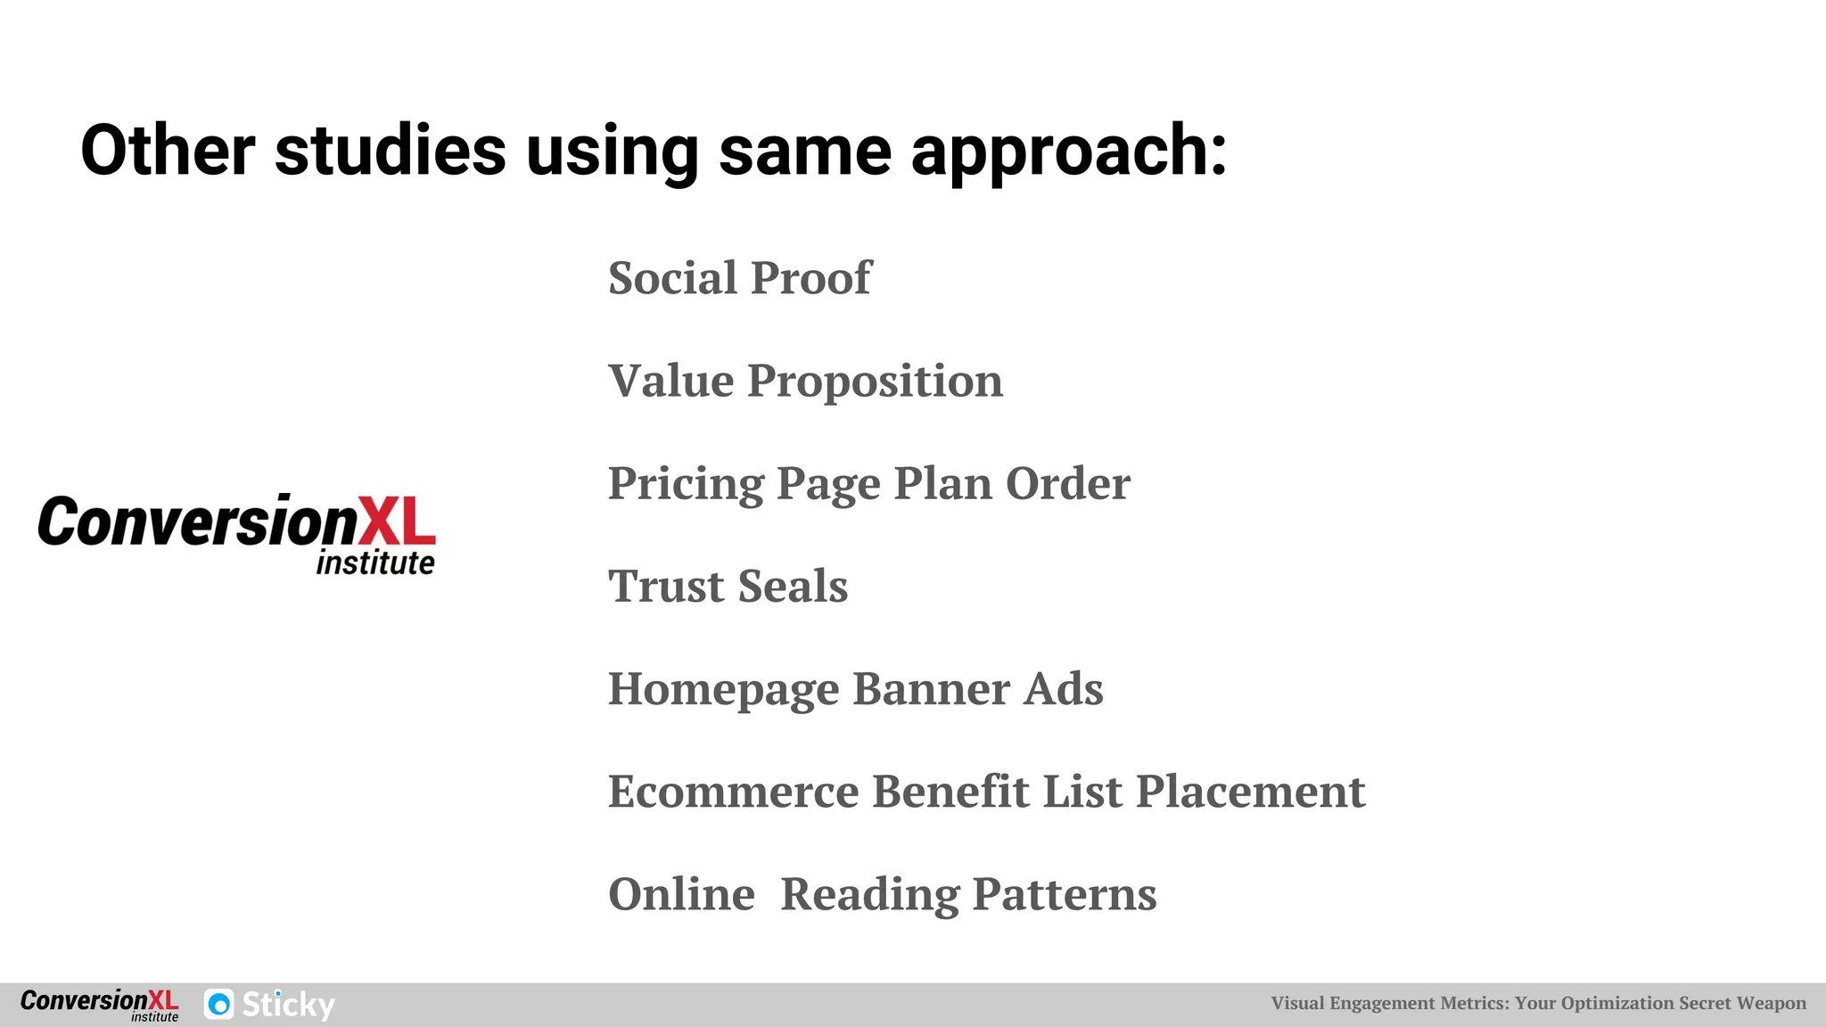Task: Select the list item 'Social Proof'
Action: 739,278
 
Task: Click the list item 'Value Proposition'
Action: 805,382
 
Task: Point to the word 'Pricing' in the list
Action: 685,484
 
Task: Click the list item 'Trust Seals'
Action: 728,587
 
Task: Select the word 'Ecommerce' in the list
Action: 733,792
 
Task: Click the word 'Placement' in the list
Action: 1250,792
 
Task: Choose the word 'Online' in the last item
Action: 681,894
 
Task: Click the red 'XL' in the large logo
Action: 397,522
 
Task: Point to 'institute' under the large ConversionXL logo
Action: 375,563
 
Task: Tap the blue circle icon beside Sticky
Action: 219,1005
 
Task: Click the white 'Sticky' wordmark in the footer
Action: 288,1005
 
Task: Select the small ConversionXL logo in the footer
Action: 99,1004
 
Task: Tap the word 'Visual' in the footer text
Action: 1297,1003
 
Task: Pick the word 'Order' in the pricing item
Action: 1067,484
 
